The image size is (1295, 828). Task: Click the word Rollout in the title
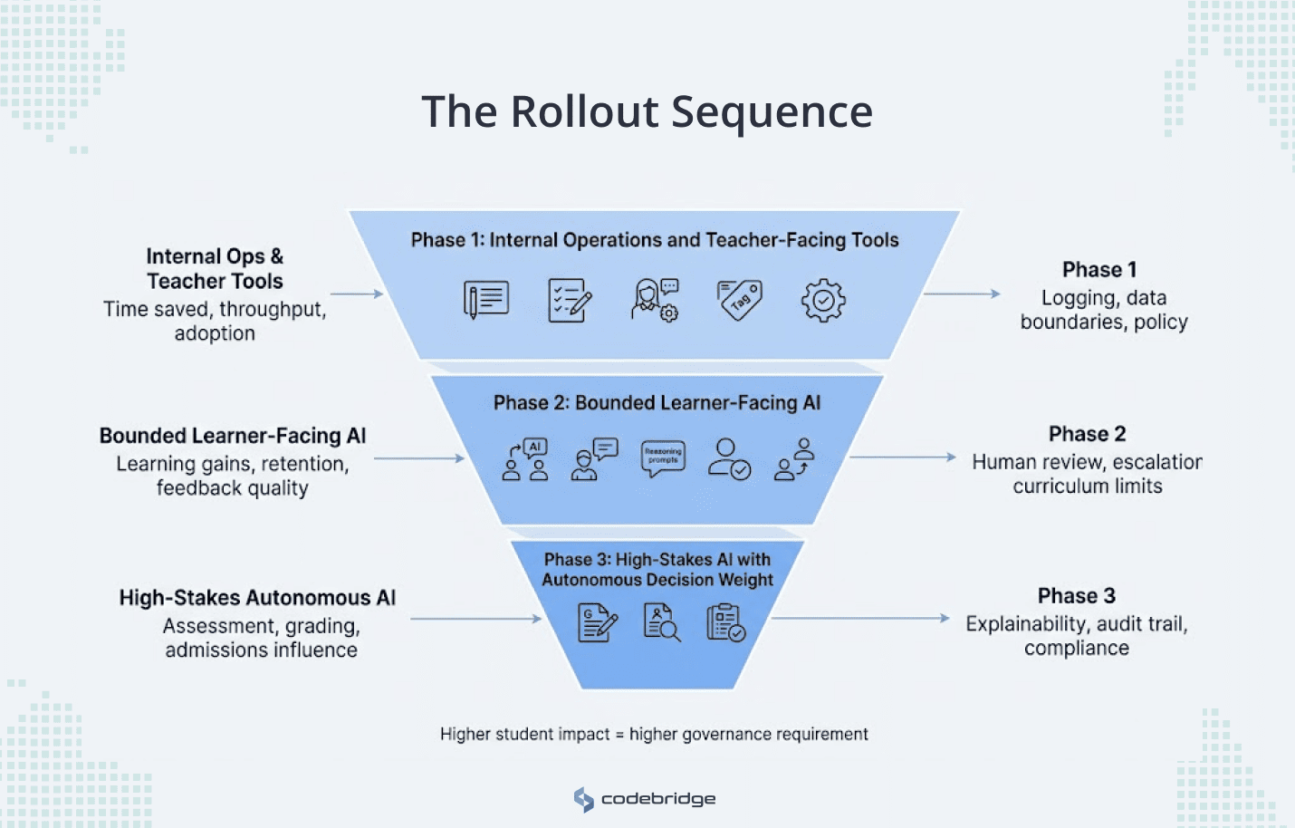(584, 112)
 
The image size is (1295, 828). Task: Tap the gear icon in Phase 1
(822, 300)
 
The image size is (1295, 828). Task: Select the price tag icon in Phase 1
(740, 300)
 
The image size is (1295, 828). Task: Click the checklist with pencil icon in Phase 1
(570, 300)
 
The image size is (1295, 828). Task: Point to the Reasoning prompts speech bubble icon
(663, 457)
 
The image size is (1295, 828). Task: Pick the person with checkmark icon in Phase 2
(729, 458)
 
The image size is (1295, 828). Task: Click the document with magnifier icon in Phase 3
(661, 622)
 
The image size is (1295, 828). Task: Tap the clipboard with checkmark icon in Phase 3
(725, 622)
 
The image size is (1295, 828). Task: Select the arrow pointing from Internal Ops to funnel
(357, 294)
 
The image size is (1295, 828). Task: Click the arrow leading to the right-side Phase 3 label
(860, 619)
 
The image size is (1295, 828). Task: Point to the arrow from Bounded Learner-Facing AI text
(418, 458)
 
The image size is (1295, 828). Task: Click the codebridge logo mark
(584, 799)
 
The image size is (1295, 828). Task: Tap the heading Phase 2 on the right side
(1087, 434)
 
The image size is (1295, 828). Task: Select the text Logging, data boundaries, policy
(1103, 310)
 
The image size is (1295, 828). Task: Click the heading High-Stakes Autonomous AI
(257, 598)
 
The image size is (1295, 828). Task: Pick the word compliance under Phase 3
(1076, 649)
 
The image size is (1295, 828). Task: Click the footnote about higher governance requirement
(654, 734)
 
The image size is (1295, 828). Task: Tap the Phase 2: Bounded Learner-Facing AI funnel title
(657, 403)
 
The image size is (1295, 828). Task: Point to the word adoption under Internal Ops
(215, 333)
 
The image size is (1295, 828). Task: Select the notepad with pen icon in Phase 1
(486, 300)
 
